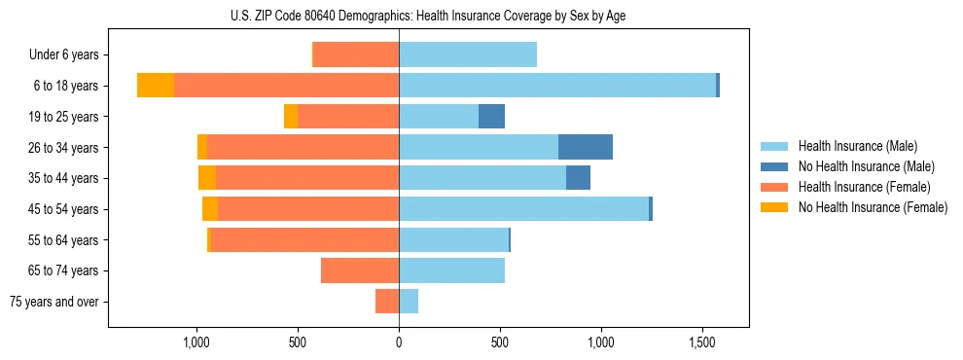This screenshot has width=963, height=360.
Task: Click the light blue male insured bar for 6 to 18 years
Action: click(x=556, y=86)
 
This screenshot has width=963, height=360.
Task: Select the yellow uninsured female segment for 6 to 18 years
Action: click(x=156, y=86)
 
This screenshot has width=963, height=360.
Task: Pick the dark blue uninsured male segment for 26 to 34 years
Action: click(x=586, y=147)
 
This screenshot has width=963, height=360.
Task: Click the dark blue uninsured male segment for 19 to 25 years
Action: click(x=491, y=116)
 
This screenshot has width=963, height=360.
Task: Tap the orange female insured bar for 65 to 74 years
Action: click(x=360, y=270)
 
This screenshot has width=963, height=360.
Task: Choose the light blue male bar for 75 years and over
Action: click(x=409, y=302)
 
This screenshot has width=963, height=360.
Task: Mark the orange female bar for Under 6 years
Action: click(x=356, y=54)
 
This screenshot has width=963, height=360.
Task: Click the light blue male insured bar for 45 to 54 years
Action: click(x=523, y=208)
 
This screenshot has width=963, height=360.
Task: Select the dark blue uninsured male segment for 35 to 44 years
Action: click(x=578, y=178)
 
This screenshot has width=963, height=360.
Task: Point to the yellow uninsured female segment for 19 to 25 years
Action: click(x=291, y=116)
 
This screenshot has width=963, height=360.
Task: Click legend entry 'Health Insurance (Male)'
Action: click(x=857, y=146)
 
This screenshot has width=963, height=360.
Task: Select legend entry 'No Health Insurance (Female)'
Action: click(x=873, y=207)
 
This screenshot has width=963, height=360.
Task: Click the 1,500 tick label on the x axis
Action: click(x=702, y=342)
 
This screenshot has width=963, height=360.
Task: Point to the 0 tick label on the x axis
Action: click(x=399, y=342)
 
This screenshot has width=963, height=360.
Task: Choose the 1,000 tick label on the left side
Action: click(x=196, y=342)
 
